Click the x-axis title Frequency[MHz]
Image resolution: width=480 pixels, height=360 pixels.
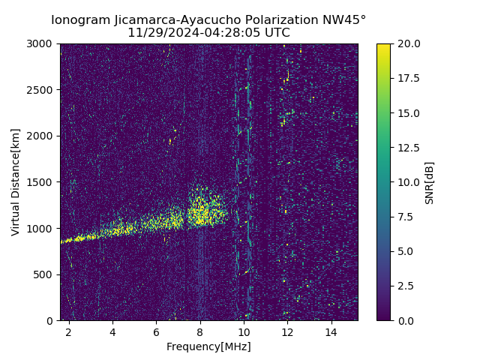(208, 346)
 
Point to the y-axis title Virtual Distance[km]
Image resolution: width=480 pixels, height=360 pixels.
(16, 182)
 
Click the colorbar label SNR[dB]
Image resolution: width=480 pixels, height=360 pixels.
(430, 182)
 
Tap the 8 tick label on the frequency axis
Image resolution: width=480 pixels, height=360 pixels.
(200, 331)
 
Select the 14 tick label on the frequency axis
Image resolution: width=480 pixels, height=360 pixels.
(331, 331)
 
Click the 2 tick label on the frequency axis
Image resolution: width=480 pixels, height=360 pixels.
(69, 331)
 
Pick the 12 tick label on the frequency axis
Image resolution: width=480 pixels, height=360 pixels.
(287, 331)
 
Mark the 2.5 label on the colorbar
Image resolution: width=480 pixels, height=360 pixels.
(404, 286)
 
